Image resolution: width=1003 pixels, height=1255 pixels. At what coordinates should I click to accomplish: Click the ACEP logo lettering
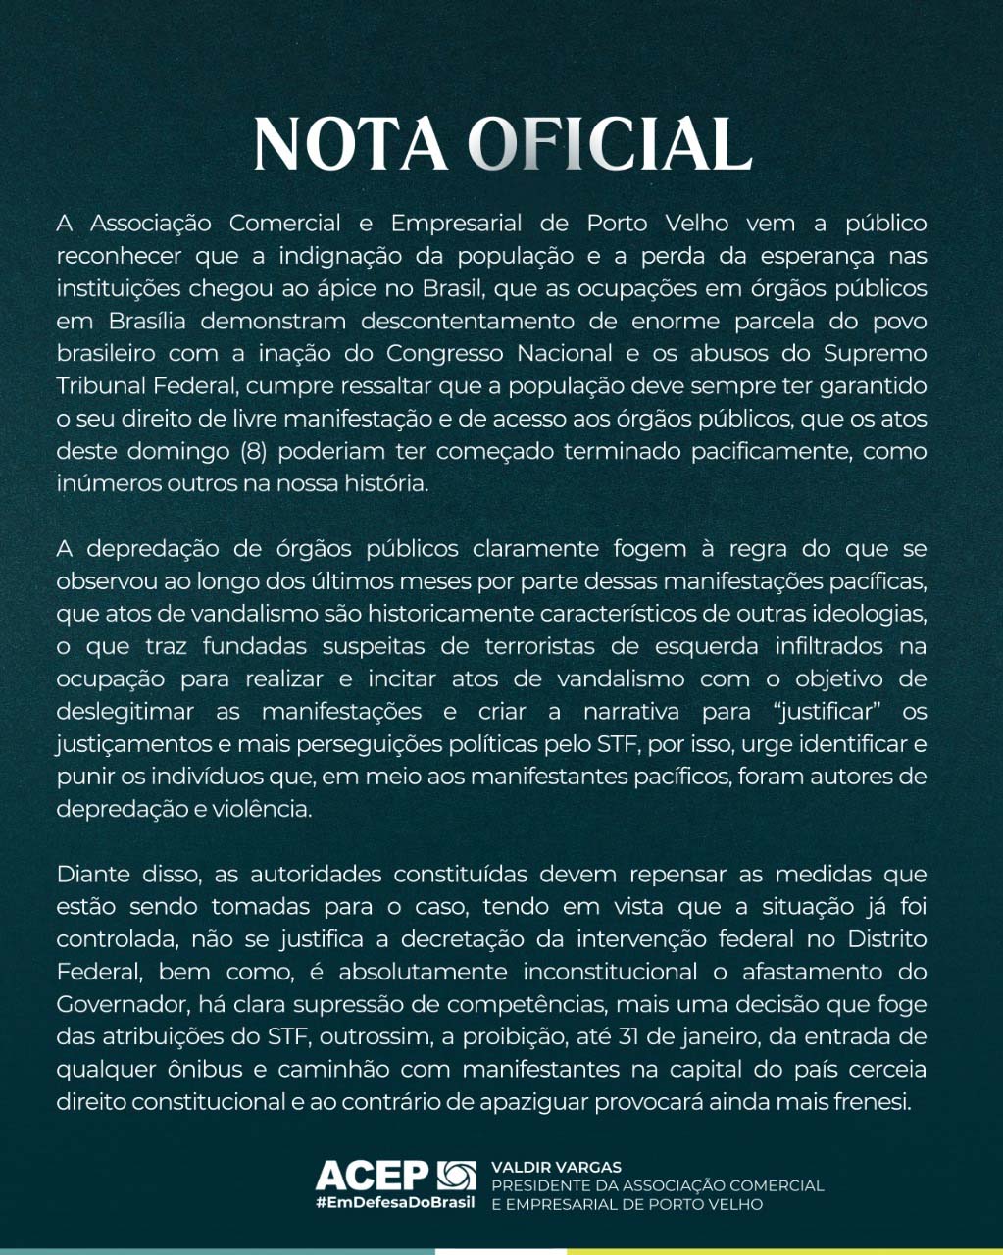pos(373,1174)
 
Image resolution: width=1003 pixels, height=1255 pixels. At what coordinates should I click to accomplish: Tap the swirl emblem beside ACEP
pos(456,1174)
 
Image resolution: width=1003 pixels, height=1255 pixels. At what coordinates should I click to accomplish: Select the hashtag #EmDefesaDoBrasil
pos(394,1203)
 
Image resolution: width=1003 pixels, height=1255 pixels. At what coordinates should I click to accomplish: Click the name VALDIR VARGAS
pos(556,1168)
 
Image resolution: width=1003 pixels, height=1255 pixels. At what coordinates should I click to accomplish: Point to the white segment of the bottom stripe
pos(501,1251)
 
